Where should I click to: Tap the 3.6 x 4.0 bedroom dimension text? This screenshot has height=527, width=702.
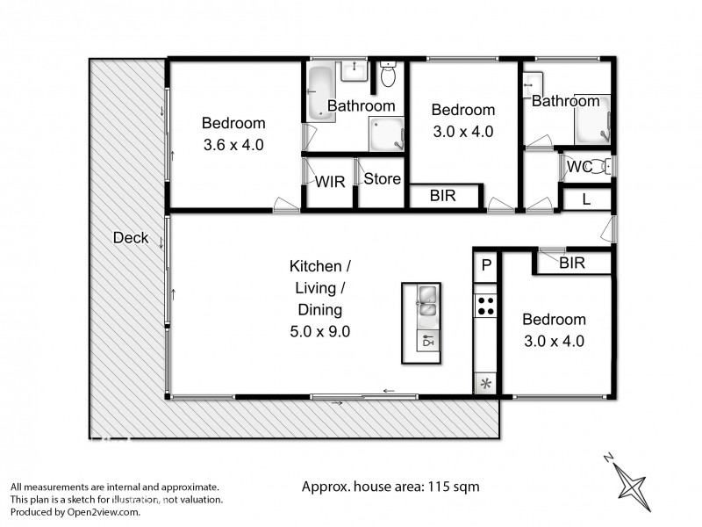(233, 144)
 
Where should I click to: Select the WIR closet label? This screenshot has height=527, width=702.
(330, 182)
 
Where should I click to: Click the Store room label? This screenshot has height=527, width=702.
(382, 179)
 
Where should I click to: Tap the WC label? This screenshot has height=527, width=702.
(577, 166)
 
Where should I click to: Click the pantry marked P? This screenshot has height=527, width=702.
(485, 263)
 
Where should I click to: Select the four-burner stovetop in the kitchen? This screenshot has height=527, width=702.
(485, 306)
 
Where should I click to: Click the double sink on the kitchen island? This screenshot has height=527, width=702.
(426, 301)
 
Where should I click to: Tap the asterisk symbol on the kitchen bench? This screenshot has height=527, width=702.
(485, 383)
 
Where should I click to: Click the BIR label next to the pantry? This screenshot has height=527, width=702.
(572, 262)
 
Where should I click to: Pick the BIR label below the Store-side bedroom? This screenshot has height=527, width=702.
(443, 197)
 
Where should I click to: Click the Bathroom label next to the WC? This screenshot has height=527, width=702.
(565, 102)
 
